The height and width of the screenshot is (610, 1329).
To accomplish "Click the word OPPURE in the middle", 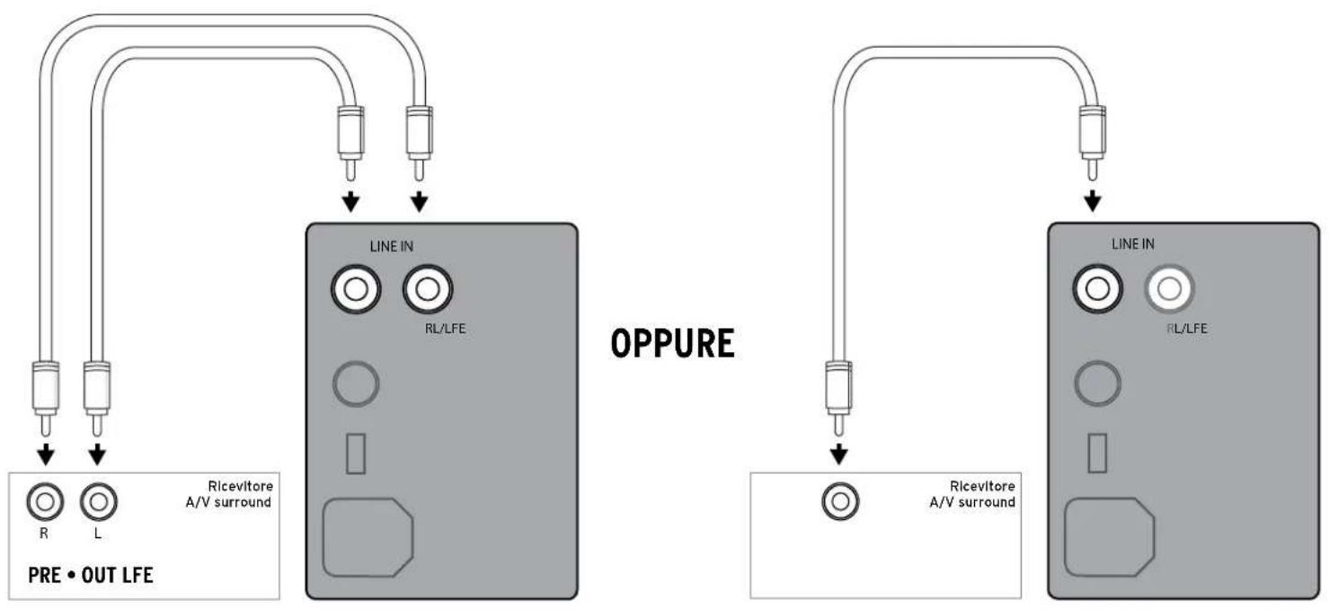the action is pos(672,343).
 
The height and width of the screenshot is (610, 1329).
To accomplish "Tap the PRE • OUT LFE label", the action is pos(91,575).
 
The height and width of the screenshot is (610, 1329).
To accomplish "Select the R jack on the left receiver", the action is pos(45,502).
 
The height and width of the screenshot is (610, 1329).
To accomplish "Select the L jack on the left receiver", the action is pos(99,502).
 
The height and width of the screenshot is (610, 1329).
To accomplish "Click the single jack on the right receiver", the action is pos(840,501).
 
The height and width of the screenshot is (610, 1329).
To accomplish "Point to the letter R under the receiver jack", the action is pos(43,534).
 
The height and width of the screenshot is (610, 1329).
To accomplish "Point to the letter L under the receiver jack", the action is pos(98,534).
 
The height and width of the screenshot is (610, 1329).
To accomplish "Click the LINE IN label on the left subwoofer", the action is pos(392,246).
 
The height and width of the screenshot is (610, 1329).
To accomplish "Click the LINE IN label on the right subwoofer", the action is pos(1132,243).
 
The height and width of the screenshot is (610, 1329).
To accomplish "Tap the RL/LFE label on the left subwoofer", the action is pos(445,328).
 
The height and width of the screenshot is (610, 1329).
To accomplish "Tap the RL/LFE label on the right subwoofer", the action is pos(1187,328).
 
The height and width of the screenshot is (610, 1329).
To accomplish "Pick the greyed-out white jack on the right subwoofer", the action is pos(1169,289).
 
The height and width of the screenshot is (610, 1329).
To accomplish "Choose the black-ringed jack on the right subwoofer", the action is pos(1097,289).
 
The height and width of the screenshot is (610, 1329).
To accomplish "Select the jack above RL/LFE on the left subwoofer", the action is pos(427,289).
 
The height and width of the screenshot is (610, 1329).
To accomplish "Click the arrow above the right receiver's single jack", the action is pos(838,454).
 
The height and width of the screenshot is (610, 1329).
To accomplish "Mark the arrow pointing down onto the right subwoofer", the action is pos(1093,200).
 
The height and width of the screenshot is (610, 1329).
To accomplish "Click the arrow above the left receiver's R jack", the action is pos(46,455).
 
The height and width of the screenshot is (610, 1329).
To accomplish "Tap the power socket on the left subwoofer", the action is pos(368,537).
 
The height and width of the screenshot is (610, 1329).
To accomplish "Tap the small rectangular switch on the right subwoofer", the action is pos(1097,454).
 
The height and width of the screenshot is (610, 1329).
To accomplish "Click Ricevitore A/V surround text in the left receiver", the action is pos(229,494).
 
